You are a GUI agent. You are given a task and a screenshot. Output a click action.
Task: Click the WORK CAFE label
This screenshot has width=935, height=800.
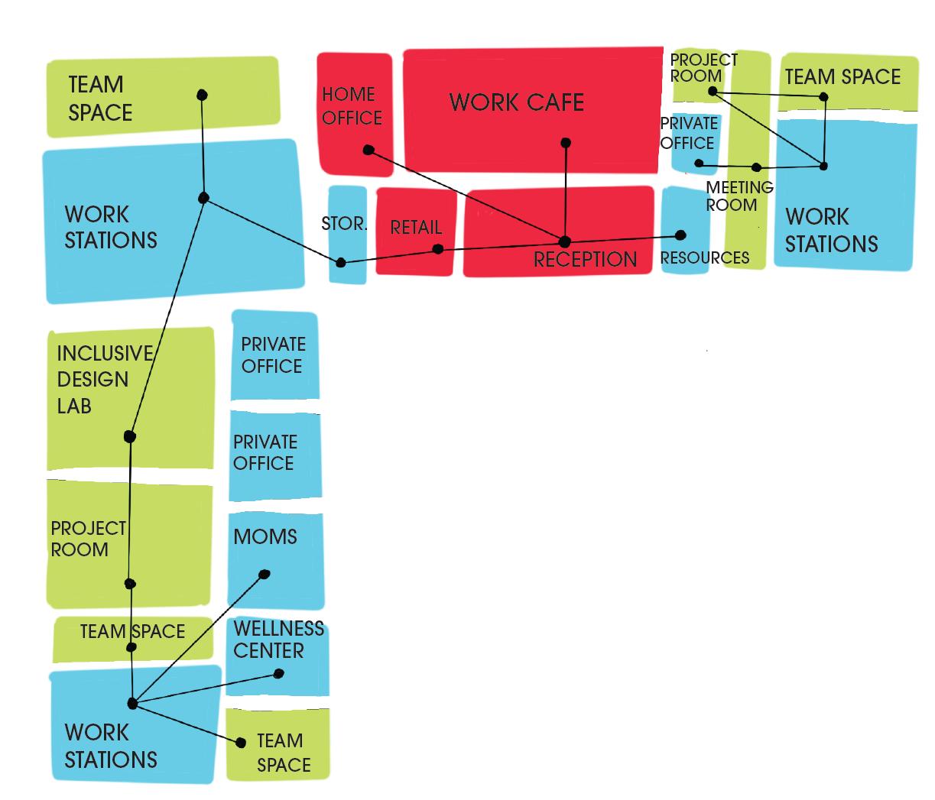coord(517,102)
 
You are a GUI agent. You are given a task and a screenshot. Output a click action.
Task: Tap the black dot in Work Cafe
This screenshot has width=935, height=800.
coord(566,143)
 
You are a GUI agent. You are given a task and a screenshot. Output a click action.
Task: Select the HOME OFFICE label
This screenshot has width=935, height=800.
coord(352,106)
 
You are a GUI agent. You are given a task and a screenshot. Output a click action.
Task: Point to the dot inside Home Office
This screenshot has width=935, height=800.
coord(368,150)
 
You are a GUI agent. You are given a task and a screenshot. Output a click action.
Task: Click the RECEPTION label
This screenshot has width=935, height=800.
coord(585,260)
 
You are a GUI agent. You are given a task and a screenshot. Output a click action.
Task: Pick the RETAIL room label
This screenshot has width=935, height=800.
coord(416,228)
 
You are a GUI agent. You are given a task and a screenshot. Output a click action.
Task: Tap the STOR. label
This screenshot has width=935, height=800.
coord(344,224)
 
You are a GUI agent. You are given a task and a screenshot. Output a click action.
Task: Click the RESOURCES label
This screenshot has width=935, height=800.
coord(704,258)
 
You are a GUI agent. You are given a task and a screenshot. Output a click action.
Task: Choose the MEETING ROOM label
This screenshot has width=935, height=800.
coord(739,196)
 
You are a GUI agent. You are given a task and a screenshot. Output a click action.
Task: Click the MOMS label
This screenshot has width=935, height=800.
coord(265,537)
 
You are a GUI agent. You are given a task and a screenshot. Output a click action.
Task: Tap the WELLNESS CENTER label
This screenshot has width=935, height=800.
coord(278,640)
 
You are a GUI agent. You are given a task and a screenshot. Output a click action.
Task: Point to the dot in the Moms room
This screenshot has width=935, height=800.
coord(265,575)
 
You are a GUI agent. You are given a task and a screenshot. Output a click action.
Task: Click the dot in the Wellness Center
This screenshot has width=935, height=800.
coord(278,674)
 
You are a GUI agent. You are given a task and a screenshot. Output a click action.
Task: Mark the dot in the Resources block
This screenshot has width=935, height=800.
coord(680,235)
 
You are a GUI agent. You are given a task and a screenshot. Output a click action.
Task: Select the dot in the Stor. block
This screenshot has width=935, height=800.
coord(341,263)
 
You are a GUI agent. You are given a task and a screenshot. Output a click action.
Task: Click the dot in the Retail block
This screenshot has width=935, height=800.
coord(437,249)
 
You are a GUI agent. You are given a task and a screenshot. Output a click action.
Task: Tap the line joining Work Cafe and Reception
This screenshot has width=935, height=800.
coord(566,191)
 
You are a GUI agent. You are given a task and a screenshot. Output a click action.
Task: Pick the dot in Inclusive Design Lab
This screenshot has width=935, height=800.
coord(130,437)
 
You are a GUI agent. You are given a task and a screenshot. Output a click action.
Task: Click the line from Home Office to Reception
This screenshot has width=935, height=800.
coord(466,196)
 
